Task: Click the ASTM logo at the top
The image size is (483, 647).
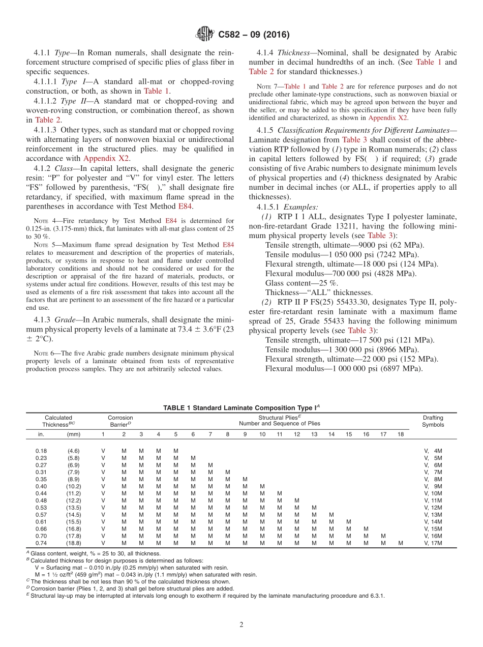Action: point(205,35)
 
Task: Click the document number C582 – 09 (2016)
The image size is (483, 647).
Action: point(254,35)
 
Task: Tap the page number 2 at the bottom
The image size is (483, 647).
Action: point(242,625)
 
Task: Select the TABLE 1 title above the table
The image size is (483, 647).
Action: point(241,407)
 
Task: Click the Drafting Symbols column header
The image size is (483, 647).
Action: point(433,421)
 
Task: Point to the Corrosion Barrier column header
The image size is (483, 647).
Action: point(120,421)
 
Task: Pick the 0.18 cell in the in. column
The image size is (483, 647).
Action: point(41,451)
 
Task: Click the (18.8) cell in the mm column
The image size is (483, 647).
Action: point(74,543)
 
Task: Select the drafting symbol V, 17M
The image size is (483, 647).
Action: point(433,543)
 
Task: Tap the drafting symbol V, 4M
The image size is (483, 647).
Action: point(433,451)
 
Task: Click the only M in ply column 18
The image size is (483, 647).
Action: point(401,543)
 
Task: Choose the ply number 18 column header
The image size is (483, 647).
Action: point(401,434)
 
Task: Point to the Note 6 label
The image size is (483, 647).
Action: point(41,353)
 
